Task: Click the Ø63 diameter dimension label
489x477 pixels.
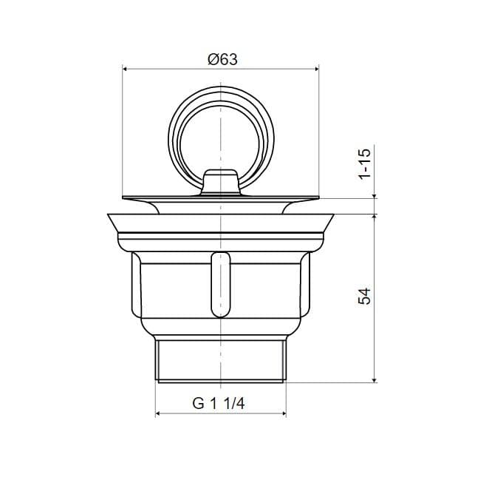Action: point(222,59)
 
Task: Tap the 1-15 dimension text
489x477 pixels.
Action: point(365,163)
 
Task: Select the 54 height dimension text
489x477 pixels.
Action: point(365,297)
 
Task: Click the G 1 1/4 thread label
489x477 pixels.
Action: point(219,404)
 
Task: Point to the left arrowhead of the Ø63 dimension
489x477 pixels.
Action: point(125,69)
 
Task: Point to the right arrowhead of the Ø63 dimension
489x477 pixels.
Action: point(316,69)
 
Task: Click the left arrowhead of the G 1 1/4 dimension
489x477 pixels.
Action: point(158,413)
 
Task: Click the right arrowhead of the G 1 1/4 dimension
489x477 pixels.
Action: point(283,413)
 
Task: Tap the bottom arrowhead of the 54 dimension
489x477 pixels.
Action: point(375,379)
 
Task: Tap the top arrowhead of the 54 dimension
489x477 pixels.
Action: point(375,217)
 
